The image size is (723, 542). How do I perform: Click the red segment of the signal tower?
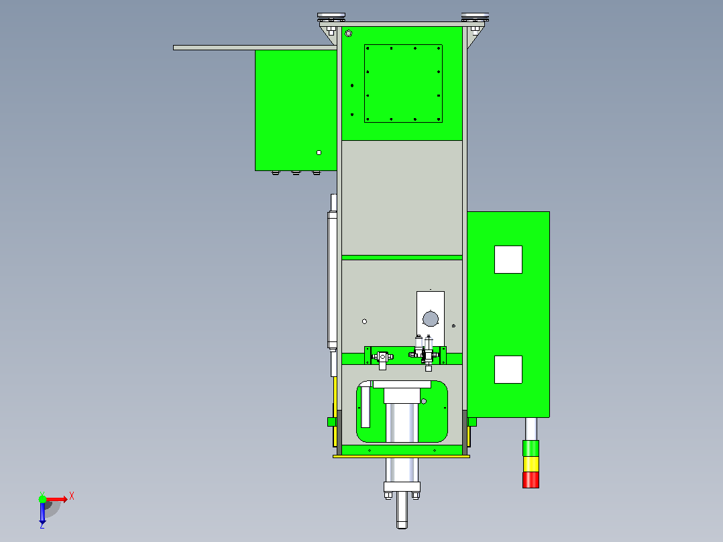point(531,480)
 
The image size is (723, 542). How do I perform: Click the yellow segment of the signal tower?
point(531,464)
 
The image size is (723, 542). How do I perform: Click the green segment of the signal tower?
point(531,448)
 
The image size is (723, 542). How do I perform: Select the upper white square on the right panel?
point(508,260)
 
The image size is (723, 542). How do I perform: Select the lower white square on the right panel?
point(508,370)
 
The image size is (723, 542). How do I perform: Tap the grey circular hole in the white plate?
point(430,319)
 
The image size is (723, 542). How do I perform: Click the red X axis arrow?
point(57,499)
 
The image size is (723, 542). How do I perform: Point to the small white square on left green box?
point(319,153)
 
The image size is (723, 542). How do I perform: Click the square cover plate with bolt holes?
point(403,83)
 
